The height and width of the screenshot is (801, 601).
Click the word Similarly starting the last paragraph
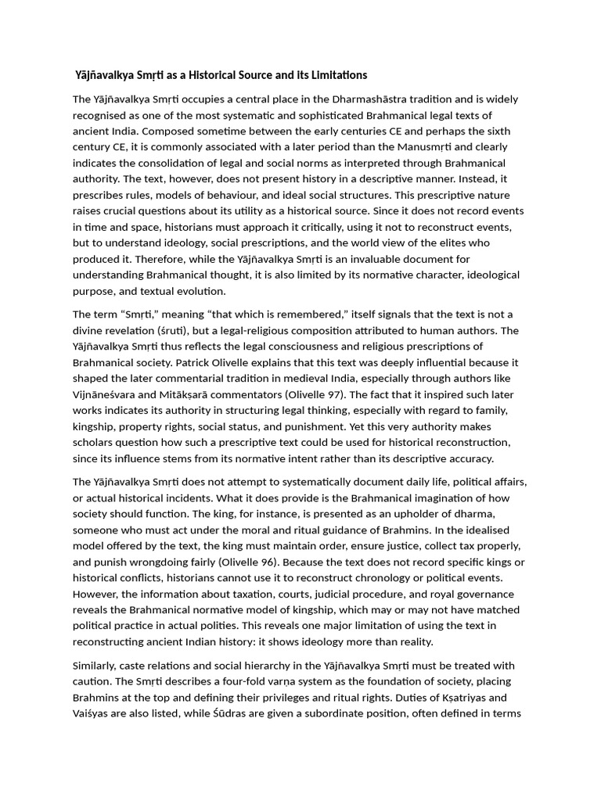point(99,665)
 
